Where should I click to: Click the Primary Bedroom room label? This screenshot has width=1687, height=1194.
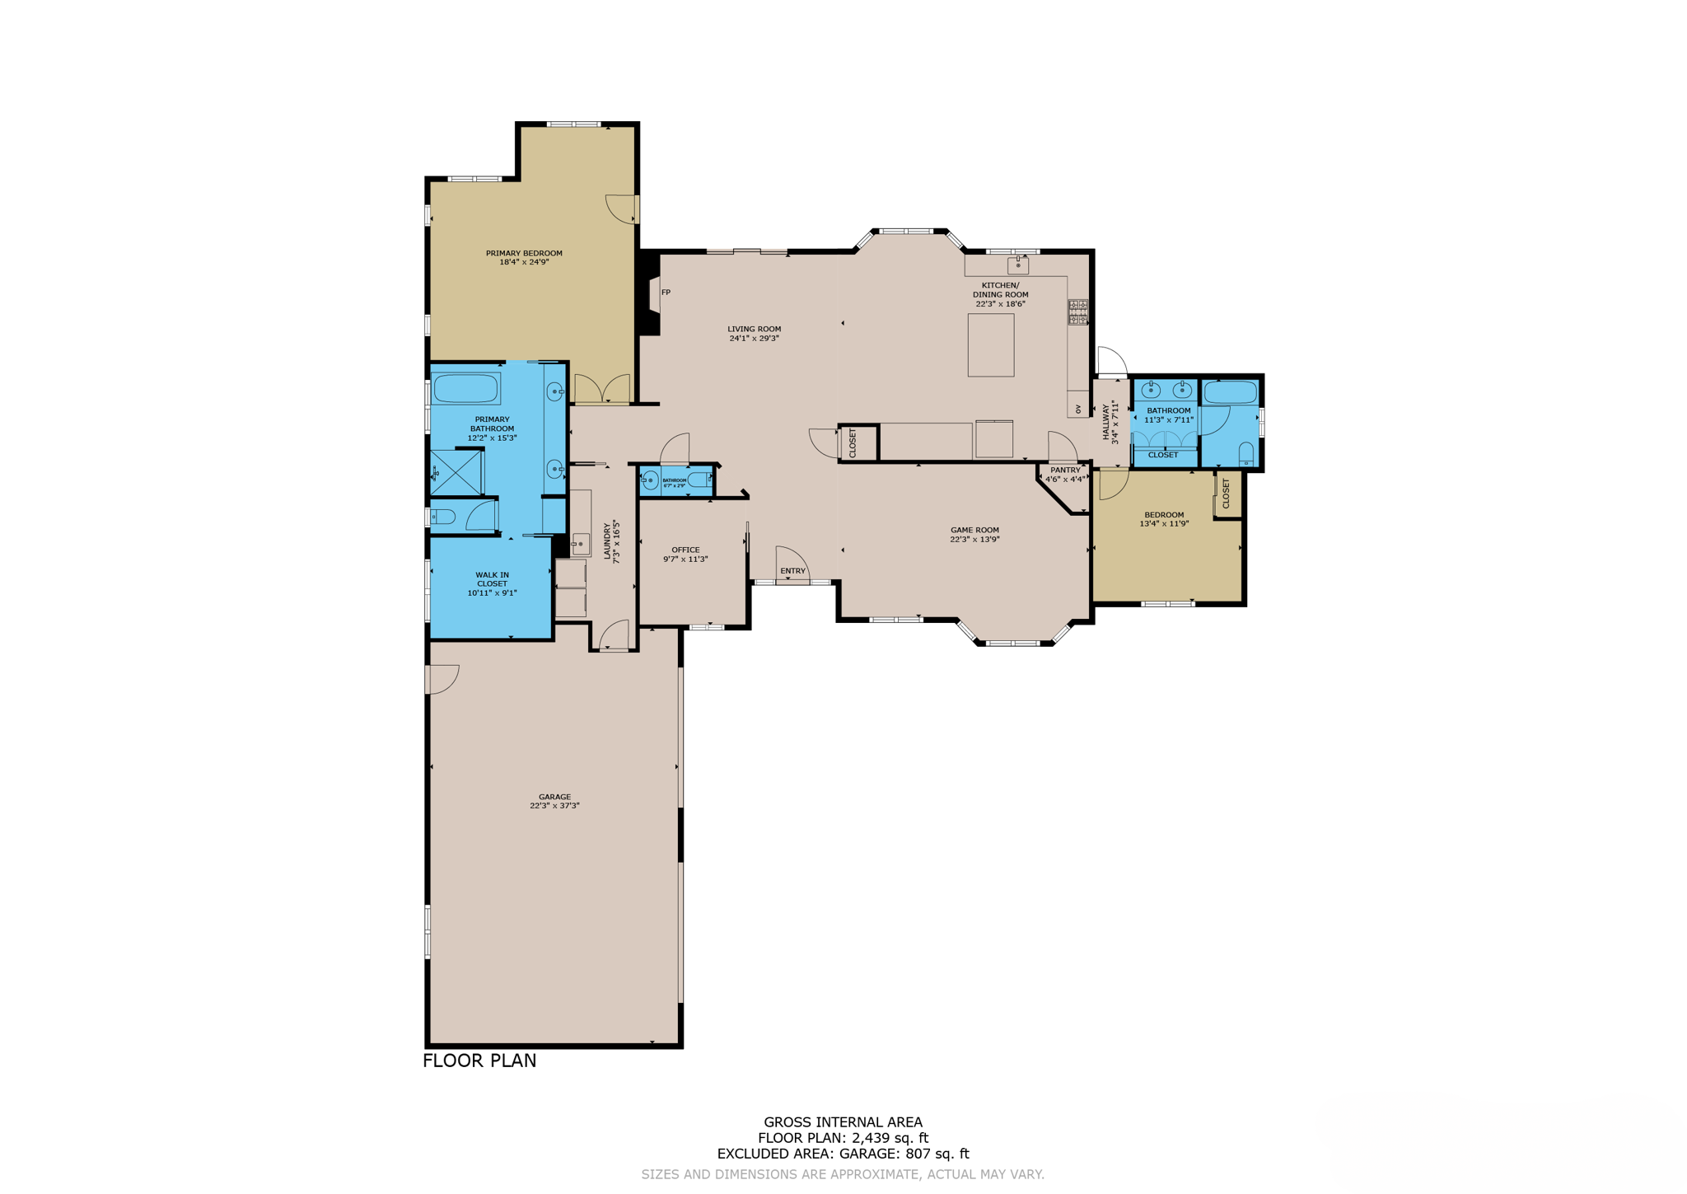click(524, 253)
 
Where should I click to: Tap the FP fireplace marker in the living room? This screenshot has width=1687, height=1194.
click(666, 293)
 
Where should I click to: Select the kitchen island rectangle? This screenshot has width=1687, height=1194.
click(990, 345)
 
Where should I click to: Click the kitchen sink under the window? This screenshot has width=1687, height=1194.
click(1018, 265)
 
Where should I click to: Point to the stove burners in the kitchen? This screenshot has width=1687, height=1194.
click(1078, 312)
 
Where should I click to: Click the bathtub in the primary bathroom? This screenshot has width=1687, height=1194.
click(466, 389)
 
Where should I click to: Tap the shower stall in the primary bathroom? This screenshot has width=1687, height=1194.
click(456, 472)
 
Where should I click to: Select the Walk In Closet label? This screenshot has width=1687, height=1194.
click(492, 579)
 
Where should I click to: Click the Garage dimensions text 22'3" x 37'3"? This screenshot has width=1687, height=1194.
click(554, 806)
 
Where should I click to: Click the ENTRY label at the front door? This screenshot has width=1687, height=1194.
click(792, 571)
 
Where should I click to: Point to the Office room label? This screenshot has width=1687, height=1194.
click(685, 550)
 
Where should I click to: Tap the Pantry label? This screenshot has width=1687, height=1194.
click(1064, 471)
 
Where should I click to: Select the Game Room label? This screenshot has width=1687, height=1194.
click(974, 530)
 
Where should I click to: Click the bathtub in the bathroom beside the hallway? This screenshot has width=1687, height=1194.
click(1230, 392)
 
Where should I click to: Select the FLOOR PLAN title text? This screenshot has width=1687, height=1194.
click(479, 1061)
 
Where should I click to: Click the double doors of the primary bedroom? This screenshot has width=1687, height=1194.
click(602, 390)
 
